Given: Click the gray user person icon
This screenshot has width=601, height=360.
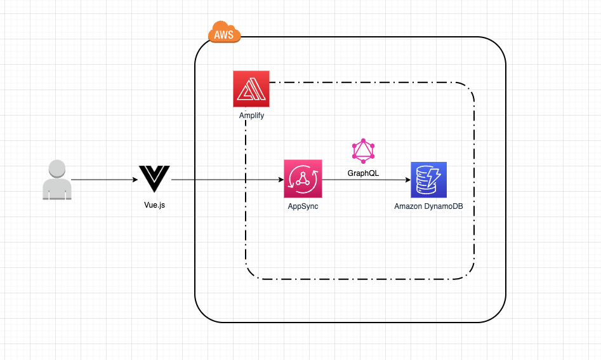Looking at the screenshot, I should (56, 180).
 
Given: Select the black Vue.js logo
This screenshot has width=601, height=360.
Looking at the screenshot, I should (155, 178).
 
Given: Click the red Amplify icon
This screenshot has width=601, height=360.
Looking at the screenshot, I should (251, 89).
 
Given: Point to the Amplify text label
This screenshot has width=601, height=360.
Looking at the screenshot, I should (251, 116).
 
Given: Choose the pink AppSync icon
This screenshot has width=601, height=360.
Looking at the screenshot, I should (303, 179).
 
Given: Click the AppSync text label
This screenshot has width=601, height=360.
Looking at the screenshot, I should (303, 206).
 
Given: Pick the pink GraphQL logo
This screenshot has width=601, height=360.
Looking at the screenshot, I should (363, 150).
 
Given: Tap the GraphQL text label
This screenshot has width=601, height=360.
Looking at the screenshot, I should (363, 173).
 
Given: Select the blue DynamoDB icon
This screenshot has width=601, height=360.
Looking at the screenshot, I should (428, 180).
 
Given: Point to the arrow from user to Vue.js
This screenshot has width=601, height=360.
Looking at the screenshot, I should (105, 180).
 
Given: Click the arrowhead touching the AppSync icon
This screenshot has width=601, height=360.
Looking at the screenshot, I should (280, 180).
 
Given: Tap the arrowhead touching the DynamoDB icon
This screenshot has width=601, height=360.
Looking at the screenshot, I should (407, 180).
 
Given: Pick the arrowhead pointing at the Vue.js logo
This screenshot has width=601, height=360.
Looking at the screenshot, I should (135, 180).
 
